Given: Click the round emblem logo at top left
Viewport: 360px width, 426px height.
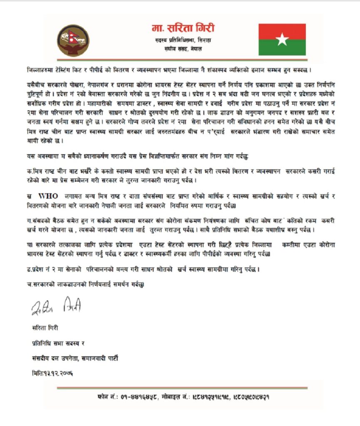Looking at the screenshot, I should coord(73,40).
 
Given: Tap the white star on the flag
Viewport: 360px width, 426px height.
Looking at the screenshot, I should coord(282,40).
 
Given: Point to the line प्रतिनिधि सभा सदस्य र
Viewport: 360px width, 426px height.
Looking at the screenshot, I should coord(58,343).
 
